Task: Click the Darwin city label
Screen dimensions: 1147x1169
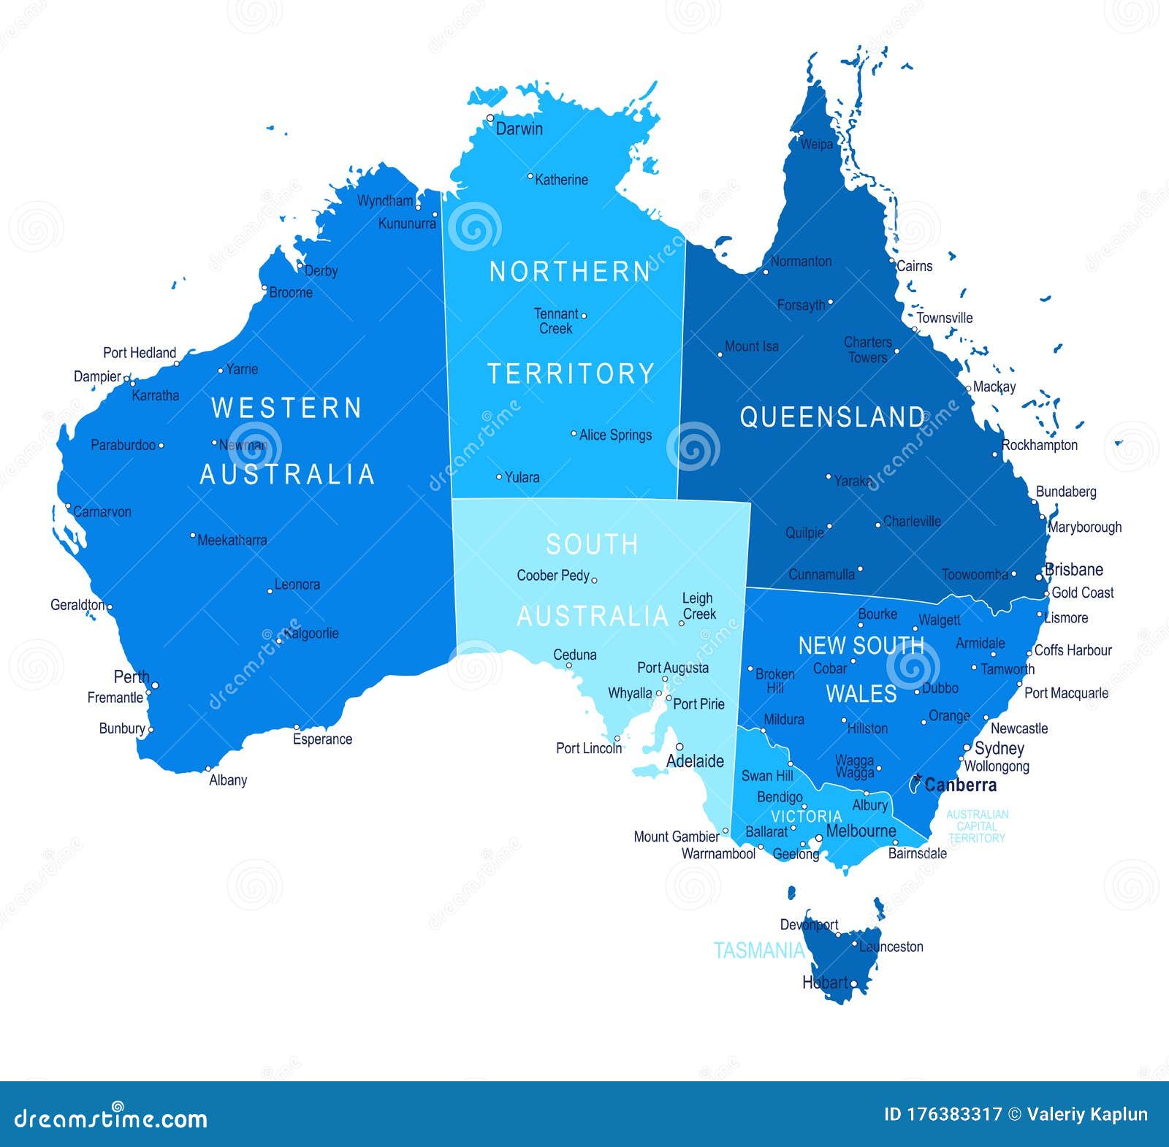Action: click(x=519, y=129)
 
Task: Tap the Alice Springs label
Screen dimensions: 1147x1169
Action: click(x=615, y=435)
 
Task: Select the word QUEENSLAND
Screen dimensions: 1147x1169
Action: click(x=832, y=417)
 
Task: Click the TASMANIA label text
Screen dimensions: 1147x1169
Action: click(x=758, y=950)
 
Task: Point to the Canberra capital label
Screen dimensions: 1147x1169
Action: click(x=960, y=785)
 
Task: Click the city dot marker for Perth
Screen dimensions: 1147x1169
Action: click(x=155, y=685)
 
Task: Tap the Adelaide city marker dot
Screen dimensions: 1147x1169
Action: click(x=679, y=747)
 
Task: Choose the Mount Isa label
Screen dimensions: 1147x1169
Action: click(x=751, y=346)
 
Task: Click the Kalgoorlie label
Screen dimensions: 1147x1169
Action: click(x=311, y=633)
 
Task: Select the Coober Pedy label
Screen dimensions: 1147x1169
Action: click(x=552, y=575)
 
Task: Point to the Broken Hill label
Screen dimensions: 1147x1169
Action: click(x=775, y=681)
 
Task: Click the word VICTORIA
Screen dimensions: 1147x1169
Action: click(x=807, y=816)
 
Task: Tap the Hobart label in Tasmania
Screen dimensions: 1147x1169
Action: click(x=825, y=983)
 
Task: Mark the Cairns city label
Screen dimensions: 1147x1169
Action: click(x=914, y=266)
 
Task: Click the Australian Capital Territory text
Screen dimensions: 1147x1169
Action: click(x=977, y=826)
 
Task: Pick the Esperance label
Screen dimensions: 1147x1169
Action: click(x=322, y=739)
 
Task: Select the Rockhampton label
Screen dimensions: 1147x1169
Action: click(x=1040, y=445)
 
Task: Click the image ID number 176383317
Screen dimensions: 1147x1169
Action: click(x=954, y=1114)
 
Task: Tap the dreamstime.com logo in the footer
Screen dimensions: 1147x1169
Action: click(x=111, y=1119)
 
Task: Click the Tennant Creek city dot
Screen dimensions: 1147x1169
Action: click(x=584, y=316)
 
